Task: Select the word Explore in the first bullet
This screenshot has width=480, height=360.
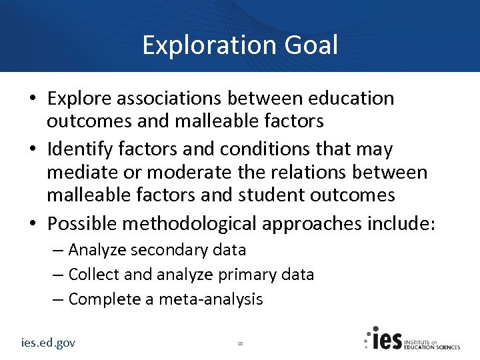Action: tap(79, 99)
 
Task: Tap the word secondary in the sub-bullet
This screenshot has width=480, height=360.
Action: tap(169, 251)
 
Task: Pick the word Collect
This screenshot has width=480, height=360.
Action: tap(93, 275)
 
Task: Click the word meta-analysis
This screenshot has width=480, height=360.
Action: tap(212, 299)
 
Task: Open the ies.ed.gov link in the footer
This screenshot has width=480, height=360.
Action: tap(48, 343)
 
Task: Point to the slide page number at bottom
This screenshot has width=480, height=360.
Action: tap(240, 343)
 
